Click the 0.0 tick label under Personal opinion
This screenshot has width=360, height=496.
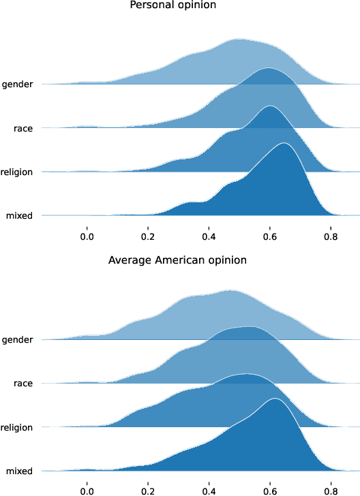coord(87,236)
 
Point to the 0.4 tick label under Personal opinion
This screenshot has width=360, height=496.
coord(209,236)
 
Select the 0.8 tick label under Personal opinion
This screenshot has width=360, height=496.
coord(331,236)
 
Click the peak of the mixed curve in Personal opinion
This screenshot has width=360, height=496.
coord(283,143)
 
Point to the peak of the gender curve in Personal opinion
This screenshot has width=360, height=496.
coord(239,40)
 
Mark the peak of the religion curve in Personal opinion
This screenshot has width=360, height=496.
coord(271,106)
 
